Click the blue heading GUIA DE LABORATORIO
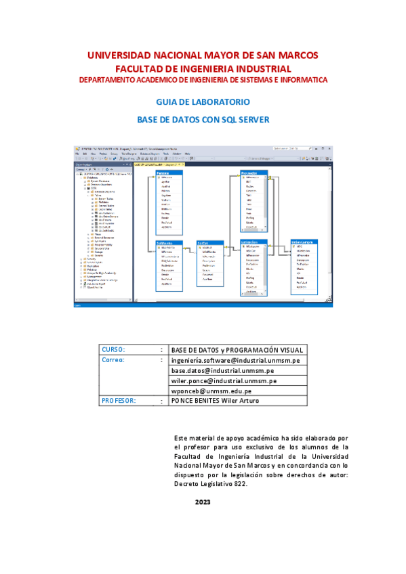tap(203, 102)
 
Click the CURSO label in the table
tap(113, 349)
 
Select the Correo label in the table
tap(113, 360)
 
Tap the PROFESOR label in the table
tap(119, 401)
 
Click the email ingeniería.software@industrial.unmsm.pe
tap(235, 360)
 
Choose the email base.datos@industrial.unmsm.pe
tap(222, 371)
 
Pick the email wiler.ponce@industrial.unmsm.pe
tap(224, 381)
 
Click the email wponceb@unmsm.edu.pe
tap(211, 391)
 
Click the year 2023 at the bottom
tap(203, 502)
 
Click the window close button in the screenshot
tap(329, 148)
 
